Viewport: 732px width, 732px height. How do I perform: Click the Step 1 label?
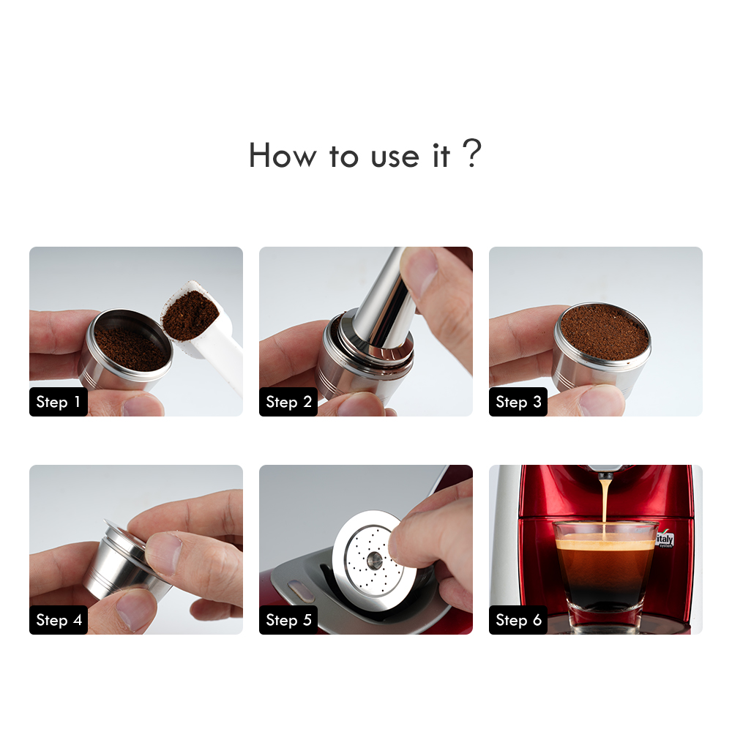coord(58,402)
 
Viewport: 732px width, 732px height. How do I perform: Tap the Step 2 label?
coord(288,402)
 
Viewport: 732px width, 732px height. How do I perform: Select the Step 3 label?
coord(518,402)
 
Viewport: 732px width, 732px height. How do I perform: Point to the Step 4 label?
coord(59,620)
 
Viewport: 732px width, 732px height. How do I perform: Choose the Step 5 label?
coord(288,620)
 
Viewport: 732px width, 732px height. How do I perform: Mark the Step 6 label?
coord(518,620)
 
